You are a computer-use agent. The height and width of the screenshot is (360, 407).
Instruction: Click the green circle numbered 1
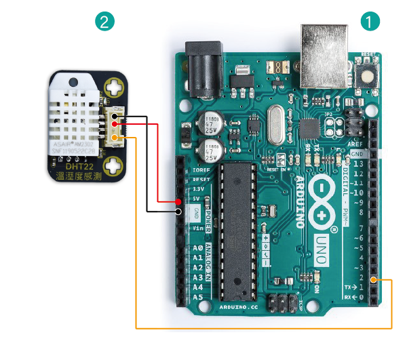coord(368,21)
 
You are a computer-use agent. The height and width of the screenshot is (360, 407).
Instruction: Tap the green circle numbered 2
coord(103,21)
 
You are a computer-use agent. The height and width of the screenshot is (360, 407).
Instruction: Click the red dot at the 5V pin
coord(178,201)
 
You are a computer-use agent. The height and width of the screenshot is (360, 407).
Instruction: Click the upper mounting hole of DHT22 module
coord(117,87)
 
